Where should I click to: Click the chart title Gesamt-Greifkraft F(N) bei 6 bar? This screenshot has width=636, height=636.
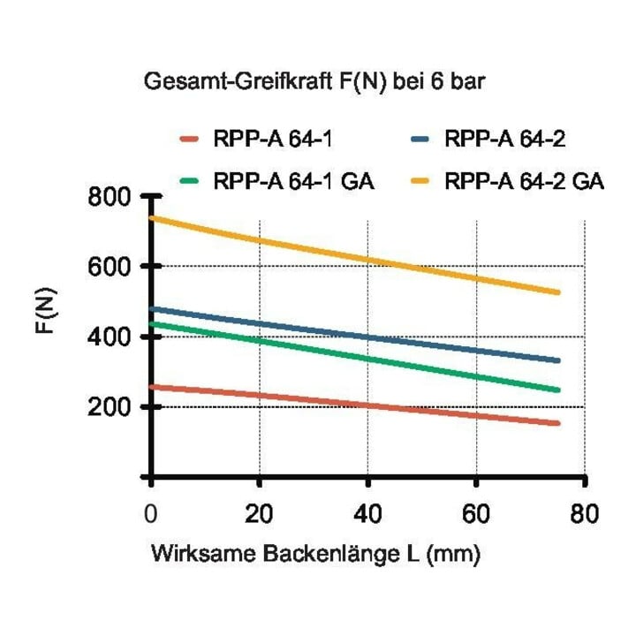[x=314, y=81]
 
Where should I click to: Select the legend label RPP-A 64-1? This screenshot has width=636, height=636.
[x=273, y=140]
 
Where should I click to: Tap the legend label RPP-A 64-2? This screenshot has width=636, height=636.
[x=505, y=140]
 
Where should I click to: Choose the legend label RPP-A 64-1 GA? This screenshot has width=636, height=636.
[x=293, y=181]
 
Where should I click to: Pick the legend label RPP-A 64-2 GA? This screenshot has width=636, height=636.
[x=525, y=181]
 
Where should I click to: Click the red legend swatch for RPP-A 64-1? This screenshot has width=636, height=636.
[x=189, y=140]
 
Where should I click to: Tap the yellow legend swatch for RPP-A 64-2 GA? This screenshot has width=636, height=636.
[x=420, y=181]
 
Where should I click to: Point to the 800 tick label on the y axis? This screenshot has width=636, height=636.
[x=103, y=198]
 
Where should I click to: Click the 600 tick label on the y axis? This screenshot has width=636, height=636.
[x=103, y=268]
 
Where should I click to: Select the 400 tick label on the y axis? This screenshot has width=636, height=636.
[x=103, y=337]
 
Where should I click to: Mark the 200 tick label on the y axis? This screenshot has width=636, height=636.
[x=103, y=407]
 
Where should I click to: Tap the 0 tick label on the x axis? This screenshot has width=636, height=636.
[x=150, y=513]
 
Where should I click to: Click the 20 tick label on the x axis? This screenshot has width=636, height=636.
[x=259, y=513]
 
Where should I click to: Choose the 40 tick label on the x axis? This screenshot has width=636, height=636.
[x=367, y=513]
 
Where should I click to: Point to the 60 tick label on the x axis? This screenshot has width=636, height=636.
[x=476, y=513]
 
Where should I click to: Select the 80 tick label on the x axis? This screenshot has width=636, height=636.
[x=585, y=513]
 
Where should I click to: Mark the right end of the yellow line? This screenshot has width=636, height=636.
[x=558, y=292]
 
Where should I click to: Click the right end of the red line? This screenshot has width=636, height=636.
[x=558, y=423]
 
